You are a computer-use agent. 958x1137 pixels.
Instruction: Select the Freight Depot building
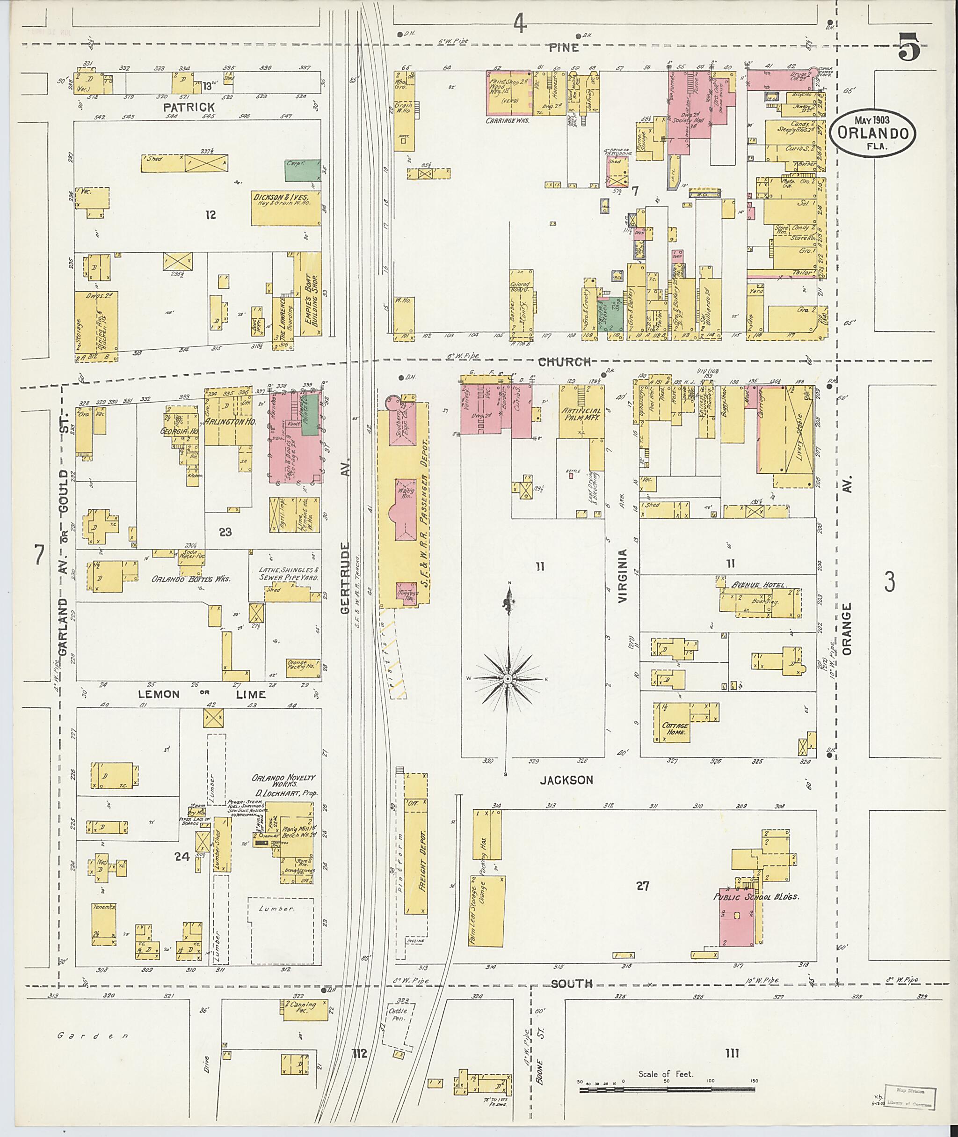[416, 843]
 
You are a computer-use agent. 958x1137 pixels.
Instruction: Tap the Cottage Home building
[675, 728]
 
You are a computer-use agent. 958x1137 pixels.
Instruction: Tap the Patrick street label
[189, 107]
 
